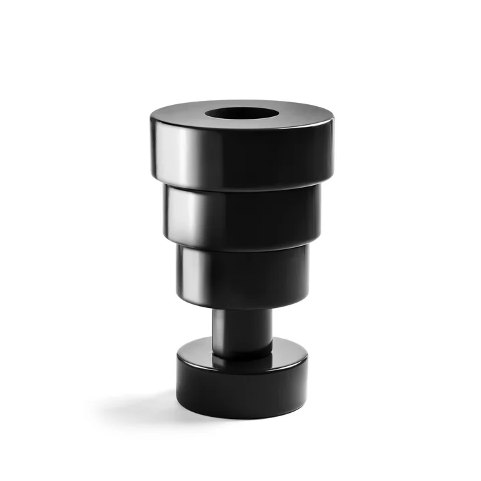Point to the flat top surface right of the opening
[307, 116]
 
